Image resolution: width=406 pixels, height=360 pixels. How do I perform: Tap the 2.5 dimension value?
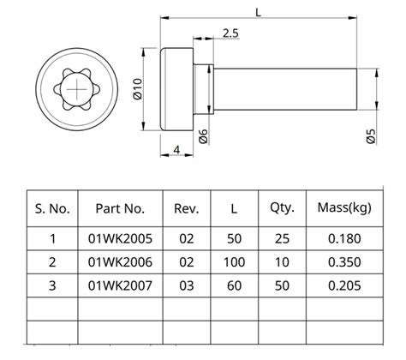230,33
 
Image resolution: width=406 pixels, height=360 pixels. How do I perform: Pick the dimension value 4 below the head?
176,150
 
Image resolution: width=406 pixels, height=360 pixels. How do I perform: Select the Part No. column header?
120,208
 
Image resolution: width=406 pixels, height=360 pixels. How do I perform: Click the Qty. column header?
282,208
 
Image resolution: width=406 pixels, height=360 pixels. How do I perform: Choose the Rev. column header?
186,208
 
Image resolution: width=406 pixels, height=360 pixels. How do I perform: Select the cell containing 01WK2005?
120,238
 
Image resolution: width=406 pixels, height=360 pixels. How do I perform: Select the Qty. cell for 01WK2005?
282,238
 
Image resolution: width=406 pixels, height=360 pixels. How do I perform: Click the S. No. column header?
52,208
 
